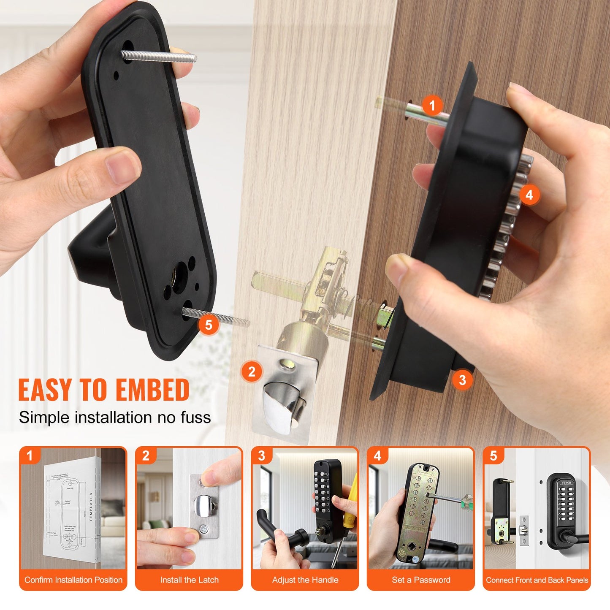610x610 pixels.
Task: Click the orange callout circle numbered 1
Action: click(431, 106)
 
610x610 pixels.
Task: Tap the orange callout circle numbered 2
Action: click(252, 372)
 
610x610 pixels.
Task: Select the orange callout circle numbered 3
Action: click(462, 380)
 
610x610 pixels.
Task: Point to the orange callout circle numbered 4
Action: click(529, 195)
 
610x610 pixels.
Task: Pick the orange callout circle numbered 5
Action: click(209, 325)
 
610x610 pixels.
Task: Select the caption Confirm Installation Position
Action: click(73, 580)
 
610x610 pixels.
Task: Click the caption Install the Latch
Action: click(189, 580)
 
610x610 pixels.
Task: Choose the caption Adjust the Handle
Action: click(305, 580)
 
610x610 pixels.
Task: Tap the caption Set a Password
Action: click(421, 580)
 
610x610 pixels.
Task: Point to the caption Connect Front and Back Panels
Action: click(537, 580)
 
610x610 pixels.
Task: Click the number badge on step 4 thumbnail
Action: click(377, 456)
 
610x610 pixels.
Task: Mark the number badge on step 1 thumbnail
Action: click(30, 456)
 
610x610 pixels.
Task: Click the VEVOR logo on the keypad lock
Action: click(566, 482)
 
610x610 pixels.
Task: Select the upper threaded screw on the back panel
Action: click(158, 56)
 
